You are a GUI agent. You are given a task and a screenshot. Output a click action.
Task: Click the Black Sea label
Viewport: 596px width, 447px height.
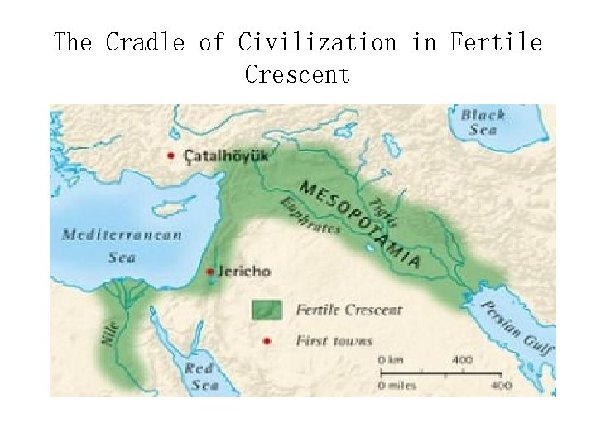483,123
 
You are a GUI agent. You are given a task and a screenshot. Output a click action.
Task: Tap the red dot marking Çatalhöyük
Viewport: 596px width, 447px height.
171,155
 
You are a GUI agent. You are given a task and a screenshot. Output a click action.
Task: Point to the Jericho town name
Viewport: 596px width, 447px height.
243,271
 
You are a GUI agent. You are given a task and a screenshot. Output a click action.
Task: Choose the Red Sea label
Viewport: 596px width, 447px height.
201,377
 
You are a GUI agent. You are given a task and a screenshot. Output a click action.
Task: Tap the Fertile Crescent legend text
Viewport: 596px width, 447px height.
348,310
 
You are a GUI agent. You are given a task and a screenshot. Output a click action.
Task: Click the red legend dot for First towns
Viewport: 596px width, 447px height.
267,340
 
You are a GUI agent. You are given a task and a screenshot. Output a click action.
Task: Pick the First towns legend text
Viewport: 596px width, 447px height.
334,340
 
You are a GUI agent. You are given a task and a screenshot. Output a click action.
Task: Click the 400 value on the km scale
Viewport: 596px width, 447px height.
462,360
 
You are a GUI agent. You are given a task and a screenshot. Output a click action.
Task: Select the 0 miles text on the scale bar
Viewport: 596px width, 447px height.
402,385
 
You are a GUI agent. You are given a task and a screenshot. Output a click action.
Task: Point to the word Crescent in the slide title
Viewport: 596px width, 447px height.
297,74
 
